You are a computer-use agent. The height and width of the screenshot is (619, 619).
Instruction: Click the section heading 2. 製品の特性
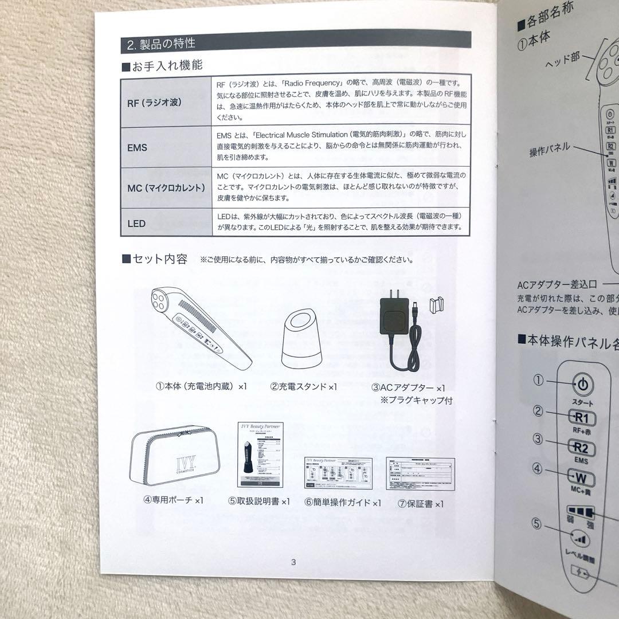click(161, 43)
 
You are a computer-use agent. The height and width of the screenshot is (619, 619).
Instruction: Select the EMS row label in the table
click(138, 147)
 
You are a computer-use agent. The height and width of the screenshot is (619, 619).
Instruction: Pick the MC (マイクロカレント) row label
click(166, 187)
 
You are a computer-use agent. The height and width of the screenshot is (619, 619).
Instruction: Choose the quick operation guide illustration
click(338, 473)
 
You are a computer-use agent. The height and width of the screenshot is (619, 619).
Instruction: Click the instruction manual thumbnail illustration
click(260, 455)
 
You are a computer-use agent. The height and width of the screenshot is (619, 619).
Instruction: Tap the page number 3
click(293, 562)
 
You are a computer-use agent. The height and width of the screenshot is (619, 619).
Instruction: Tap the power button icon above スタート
click(582, 385)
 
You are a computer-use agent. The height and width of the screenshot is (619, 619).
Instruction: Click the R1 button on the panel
click(582, 417)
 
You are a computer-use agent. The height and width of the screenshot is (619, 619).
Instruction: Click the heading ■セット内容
click(155, 259)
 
